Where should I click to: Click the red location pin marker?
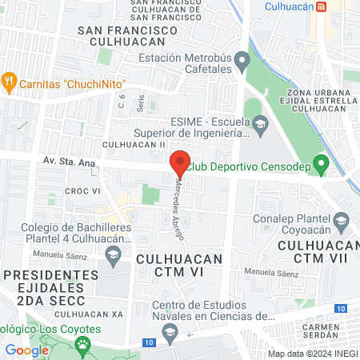180,162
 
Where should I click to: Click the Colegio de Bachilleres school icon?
113,255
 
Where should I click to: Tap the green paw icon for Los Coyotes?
83,345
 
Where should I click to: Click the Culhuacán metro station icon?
321,7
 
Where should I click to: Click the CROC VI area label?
82,191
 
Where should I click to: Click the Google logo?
27,350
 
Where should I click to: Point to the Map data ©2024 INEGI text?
313,354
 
